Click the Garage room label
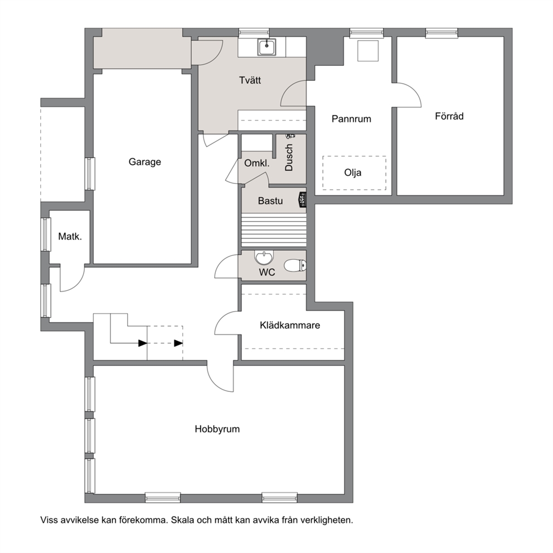[144, 162]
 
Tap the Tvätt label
[250, 80]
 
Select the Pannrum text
[351, 119]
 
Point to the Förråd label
[449, 116]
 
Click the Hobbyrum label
[217, 429]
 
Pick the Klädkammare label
[290, 325]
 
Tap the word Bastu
[270, 201]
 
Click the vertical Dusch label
[289, 157]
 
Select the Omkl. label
[257, 163]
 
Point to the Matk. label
[70, 236]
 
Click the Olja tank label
[353, 173]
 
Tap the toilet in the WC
[295, 265]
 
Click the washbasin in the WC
[264, 258]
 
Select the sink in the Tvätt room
[267, 47]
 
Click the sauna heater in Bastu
[302, 200]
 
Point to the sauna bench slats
[274, 230]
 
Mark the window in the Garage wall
[90, 174]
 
